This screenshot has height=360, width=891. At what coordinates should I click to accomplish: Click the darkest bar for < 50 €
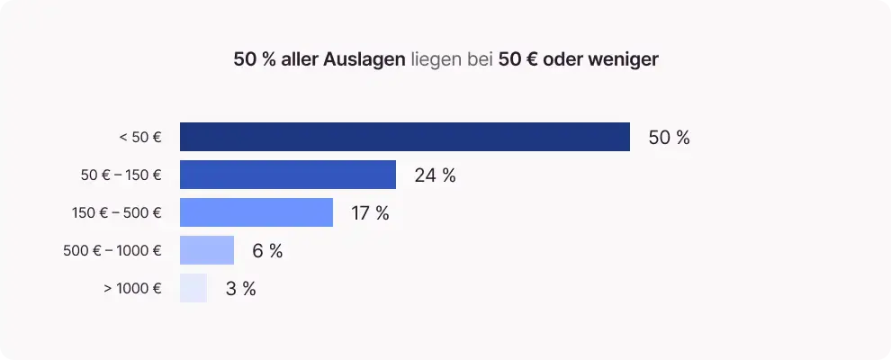(x=404, y=137)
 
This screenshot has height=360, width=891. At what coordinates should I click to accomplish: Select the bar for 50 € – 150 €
(x=288, y=175)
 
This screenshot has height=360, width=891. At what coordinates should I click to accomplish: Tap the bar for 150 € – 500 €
(x=256, y=212)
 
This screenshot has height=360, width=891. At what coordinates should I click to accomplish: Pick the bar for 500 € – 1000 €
(x=207, y=250)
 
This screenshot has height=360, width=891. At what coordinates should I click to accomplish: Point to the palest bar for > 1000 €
(x=193, y=288)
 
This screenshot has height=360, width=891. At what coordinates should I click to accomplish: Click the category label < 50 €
(x=139, y=138)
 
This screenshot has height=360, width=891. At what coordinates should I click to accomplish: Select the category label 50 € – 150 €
(x=121, y=175)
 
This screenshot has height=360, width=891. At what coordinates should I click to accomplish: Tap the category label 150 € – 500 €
(x=116, y=213)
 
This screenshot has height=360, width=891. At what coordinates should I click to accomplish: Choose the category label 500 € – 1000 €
(x=112, y=251)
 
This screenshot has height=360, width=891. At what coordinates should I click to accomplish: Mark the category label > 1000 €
(x=132, y=289)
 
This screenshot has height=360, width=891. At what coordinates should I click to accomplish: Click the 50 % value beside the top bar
(x=669, y=138)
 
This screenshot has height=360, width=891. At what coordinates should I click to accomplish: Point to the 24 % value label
(x=435, y=175)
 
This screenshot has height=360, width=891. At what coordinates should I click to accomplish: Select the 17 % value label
(x=370, y=213)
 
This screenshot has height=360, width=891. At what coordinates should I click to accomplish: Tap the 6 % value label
(x=267, y=251)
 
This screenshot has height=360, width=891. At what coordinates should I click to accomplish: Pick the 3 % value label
(x=240, y=289)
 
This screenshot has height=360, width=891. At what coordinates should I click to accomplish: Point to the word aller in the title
(x=299, y=60)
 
